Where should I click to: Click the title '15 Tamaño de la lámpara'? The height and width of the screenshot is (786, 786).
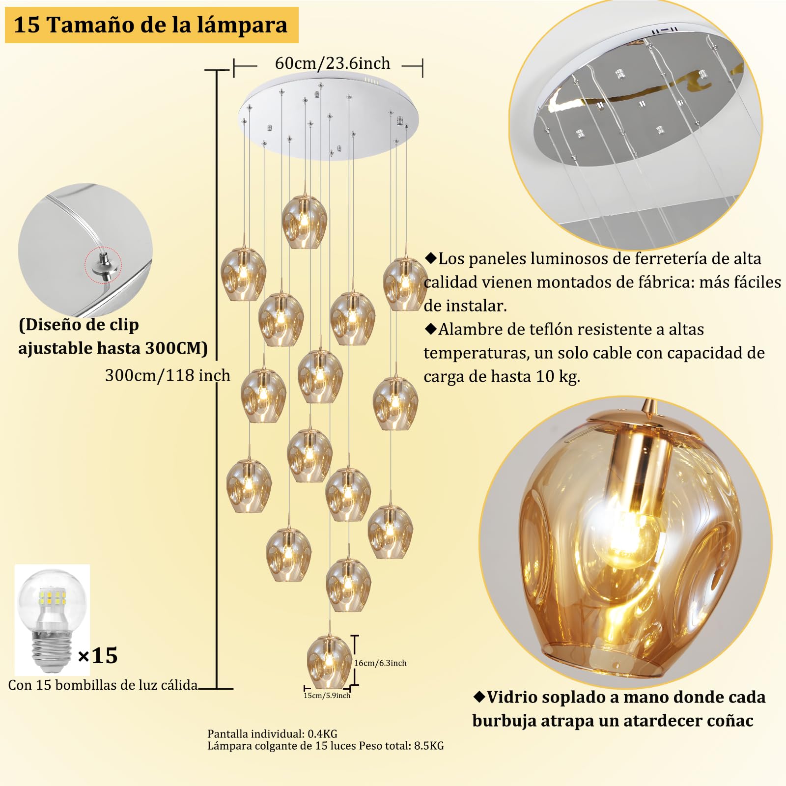pyautogui.click(x=151, y=25)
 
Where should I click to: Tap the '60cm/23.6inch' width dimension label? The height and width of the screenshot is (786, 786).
pyautogui.click(x=333, y=63)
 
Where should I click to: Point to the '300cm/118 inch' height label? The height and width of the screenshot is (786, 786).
pyautogui.click(x=168, y=375)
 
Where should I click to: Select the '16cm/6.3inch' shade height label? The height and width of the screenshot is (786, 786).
pyautogui.click(x=380, y=663)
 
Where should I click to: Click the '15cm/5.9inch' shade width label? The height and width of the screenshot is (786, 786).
pyautogui.click(x=327, y=695)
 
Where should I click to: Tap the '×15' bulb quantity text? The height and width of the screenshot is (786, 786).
pyautogui.click(x=98, y=655)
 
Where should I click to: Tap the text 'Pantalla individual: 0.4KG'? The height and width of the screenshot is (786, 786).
pyautogui.click(x=272, y=734)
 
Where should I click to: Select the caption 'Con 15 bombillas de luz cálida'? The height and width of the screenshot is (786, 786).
pyautogui.click(x=103, y=685)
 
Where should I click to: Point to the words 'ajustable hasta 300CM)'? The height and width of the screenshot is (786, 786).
pyautogui.click(x=113, y=348)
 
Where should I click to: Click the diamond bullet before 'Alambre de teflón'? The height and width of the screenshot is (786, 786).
pyautogui.click(x=430, y=329)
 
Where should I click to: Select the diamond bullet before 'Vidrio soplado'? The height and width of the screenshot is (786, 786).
pyautogui.click(x=479, y=696)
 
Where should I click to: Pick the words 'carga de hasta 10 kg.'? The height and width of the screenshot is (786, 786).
pyautogui.click(x=502, y=377)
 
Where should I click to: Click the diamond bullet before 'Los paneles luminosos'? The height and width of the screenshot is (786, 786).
pyautogui.click(x=430, y=258)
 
